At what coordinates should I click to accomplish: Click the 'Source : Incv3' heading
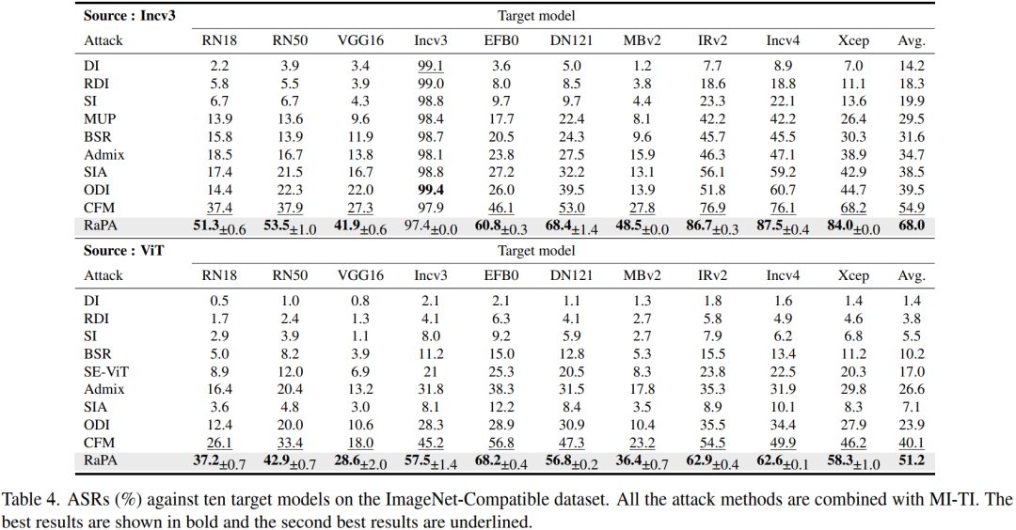tap(130, 16)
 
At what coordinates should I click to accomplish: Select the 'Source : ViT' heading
tap(124, 251)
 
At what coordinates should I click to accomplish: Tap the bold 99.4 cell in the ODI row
tap(431, 190)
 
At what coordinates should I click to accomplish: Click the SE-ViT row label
tap(106, 371)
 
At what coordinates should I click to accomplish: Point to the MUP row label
tap(100, 119)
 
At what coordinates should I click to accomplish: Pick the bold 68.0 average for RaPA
tap(911, 226)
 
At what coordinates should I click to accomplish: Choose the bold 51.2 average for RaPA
tap(911, 460)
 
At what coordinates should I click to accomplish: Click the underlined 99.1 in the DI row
tap(431, 66)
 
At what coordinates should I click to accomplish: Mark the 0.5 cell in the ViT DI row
tap(219, 301)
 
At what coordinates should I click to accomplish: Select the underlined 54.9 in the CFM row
tap(911, 208)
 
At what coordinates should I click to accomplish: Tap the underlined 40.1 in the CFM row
tap(911, 443)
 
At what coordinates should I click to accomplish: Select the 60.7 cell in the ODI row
tap(783, 190)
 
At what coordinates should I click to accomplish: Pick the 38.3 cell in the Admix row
tap(500, 389)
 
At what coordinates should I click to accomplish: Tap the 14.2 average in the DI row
tap(911, 66)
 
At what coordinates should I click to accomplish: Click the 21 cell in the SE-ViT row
tap(431, 371)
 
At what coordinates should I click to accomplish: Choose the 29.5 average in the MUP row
tap(911, 119)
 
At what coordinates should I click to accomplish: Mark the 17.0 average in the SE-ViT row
tap(911, 371)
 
